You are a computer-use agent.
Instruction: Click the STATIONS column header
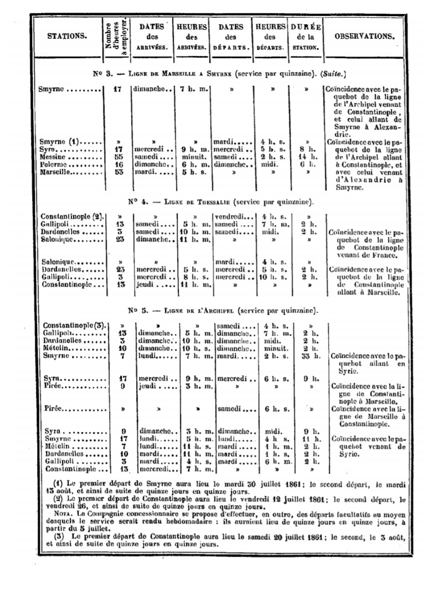tap(67, 37)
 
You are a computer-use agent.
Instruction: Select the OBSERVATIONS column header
tap(365, 37)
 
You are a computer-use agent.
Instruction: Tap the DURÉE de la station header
tap(305, 37)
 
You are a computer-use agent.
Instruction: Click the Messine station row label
tap(56, 157)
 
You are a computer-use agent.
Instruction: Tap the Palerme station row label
tap(58, 165)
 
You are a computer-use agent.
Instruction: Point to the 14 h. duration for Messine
tap(306, 157)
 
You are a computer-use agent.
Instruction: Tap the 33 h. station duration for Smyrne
tap(306, 356)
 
